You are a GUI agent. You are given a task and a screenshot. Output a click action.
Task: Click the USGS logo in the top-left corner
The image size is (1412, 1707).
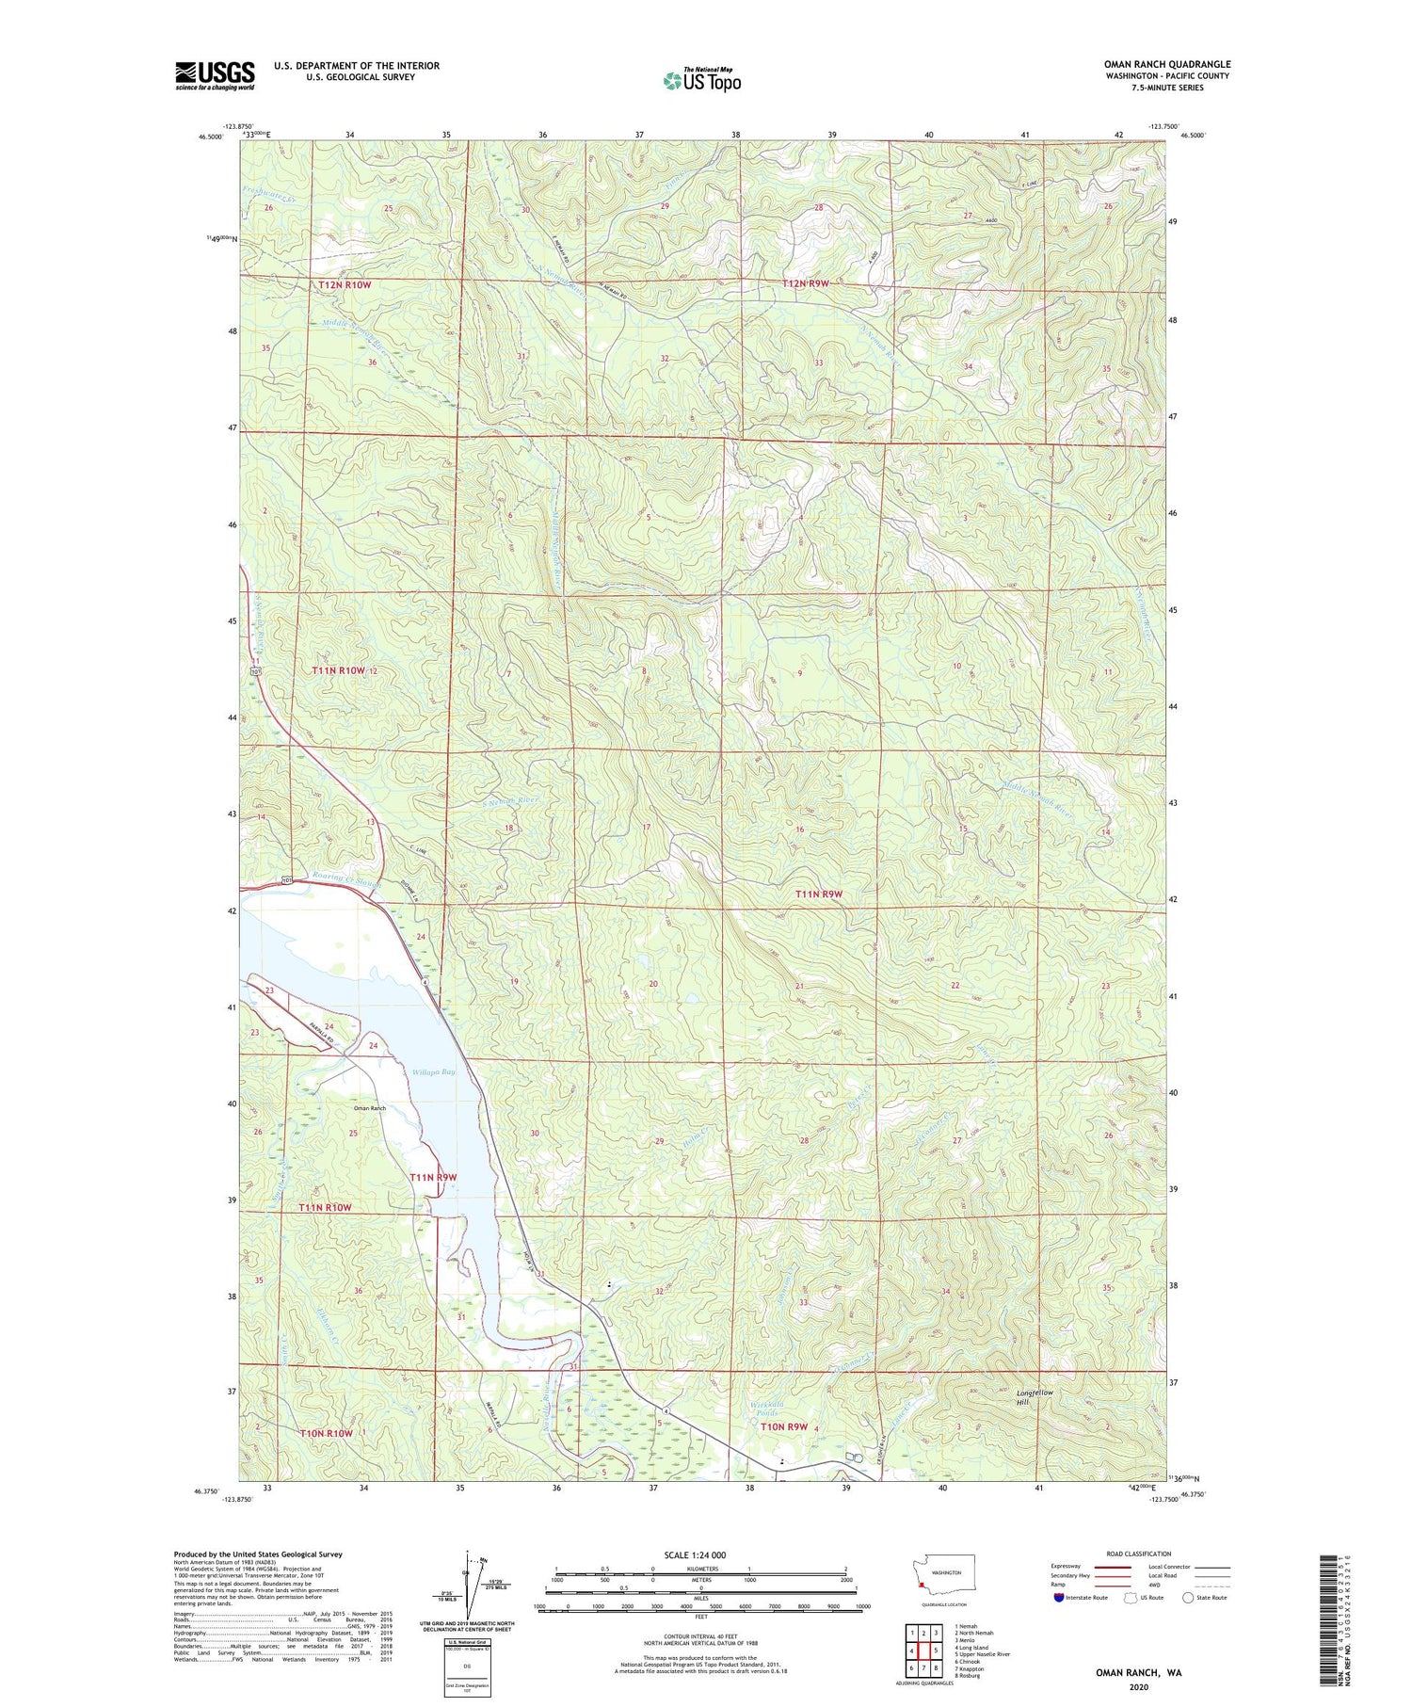pos(215,75)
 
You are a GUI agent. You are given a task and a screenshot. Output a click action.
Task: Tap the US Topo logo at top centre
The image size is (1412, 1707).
pos(701,81)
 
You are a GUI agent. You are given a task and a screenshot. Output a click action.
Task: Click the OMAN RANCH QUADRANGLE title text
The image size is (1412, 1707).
pos(1167,64)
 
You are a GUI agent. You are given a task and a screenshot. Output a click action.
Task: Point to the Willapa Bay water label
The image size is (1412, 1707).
pos(433,1072)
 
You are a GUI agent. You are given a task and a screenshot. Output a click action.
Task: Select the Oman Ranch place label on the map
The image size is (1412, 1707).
pos(370,1108)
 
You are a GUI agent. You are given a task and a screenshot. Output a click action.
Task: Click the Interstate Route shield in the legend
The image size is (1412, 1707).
pos(1058,1598)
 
